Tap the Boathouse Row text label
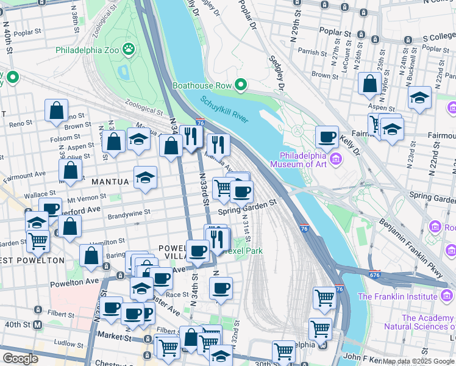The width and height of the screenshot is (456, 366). point(202,85)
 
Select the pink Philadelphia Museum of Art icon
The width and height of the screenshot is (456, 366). point(337,160)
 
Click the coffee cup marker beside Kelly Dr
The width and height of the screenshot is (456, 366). point(327,137)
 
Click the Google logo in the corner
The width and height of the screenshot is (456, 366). point(20,358)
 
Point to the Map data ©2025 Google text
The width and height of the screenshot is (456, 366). point(418,361)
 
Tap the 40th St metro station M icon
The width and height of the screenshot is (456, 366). point(38,325)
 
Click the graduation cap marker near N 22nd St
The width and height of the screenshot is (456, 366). point(419,98)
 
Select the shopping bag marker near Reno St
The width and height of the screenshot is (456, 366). point(56,111)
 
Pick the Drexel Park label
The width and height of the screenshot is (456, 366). point(244,251)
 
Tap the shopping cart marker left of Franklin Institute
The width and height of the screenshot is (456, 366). point(324,298)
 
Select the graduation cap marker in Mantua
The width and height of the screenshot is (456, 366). point(144,178)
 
